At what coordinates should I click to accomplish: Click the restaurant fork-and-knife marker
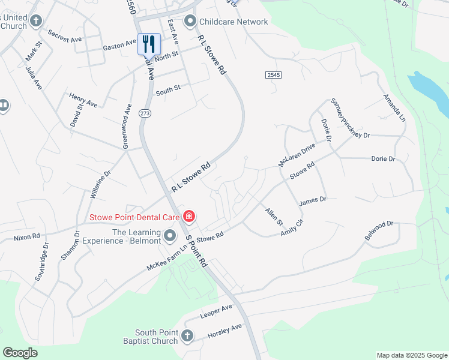click(149, 44)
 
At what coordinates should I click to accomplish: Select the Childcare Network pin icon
click(191, 22)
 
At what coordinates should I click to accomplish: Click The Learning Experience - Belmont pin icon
click(170, 233)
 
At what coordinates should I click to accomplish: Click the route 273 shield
click(144, 113)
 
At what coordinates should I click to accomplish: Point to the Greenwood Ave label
click(127, 126)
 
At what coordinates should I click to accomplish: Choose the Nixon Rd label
click(26, 238)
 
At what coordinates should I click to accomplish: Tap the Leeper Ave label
click(215, 310)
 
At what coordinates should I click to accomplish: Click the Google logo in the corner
click(20, 353)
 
